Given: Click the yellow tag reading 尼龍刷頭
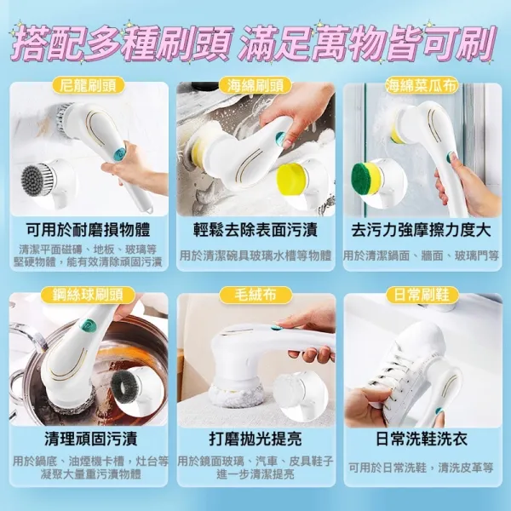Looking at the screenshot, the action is point(89,85).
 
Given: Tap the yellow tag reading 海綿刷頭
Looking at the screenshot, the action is point(255,85).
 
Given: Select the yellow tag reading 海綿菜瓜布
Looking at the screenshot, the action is point(422,85).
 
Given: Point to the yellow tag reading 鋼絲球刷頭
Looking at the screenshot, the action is point(89,295).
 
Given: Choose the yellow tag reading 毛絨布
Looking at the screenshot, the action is point(255,295).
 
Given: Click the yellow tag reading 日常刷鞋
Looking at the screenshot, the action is point(422,295).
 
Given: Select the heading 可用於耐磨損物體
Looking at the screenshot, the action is point(89,230).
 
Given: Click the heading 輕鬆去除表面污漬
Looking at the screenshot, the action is point(255,230).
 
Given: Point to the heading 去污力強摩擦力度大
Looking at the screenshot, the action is point(422,230).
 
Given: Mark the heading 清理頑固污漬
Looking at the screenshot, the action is point(90,439).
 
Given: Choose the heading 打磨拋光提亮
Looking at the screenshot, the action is point(255,439).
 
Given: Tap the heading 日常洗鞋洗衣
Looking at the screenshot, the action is point(422,439).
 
